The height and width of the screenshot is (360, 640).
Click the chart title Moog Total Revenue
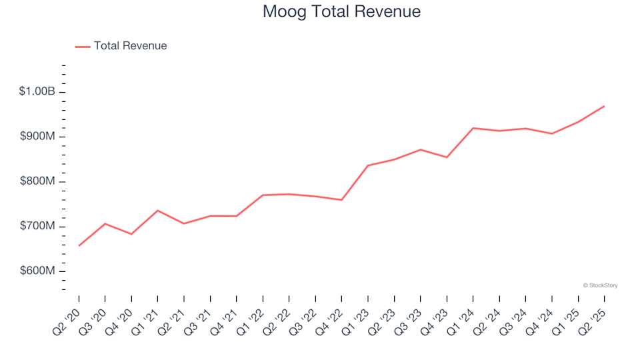coord(341,12)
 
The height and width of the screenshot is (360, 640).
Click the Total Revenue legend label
coord(130,46)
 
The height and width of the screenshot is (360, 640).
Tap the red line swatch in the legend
coord(83,47)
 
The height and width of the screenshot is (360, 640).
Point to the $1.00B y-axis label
coord(37,91)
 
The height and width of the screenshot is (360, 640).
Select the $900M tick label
coord(39,137)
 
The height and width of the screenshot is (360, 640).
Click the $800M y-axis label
coord(39,181)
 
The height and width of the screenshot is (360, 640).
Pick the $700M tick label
coord(39,227)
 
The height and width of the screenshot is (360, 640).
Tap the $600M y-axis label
coord(39,271)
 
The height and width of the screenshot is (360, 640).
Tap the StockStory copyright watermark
coord(600,285)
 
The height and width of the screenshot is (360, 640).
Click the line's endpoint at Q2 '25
coord(604,106)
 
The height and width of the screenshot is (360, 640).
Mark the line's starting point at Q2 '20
coord(79,246)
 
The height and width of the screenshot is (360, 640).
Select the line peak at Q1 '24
coord(473,128)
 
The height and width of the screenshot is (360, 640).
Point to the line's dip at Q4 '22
coord(341,200)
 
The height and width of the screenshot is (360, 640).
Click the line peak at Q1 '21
coord(157,211)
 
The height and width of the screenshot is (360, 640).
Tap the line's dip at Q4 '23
coord(447,157)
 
